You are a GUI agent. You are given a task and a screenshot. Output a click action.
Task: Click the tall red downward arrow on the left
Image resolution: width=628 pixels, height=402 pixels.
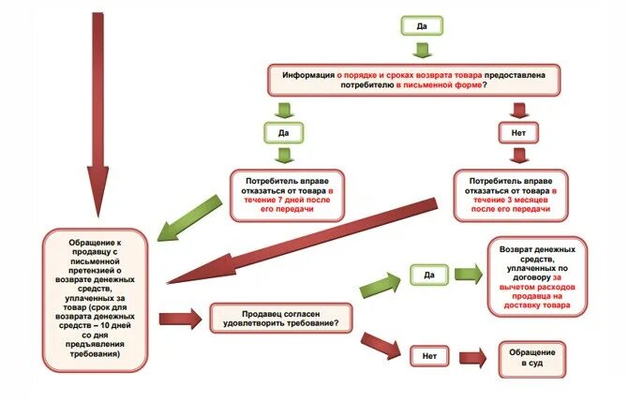(x=97, y=112)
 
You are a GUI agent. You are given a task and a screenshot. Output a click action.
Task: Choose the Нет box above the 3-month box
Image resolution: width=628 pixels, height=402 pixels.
(x=518, y=132)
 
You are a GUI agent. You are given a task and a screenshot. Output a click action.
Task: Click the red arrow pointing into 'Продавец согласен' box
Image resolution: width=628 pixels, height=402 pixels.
(x=181, y=320)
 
